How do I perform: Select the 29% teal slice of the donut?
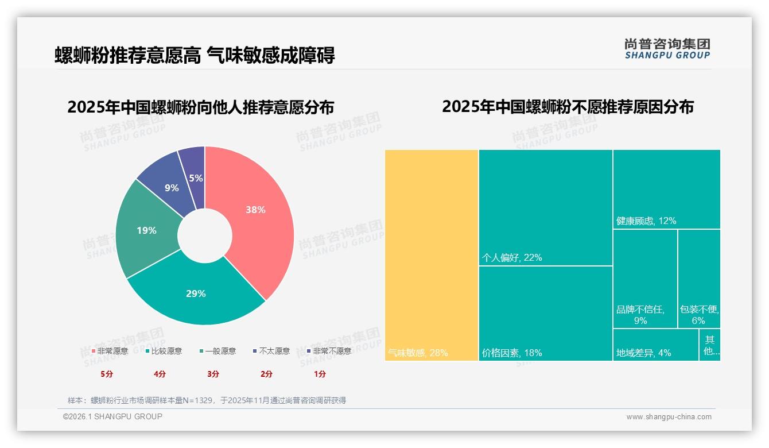(196, 293)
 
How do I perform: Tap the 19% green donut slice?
(146, 230)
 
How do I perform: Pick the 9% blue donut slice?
(170, 188)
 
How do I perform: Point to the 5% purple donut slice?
(195, 178)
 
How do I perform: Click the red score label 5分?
(107, 374)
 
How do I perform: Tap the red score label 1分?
(320, 374)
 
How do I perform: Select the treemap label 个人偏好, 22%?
(512, 258)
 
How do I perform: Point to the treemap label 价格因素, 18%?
(512, 353)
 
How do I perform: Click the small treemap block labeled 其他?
(710, 345)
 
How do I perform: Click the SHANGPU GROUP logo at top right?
(667, 49)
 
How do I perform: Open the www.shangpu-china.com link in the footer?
(669, 417)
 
